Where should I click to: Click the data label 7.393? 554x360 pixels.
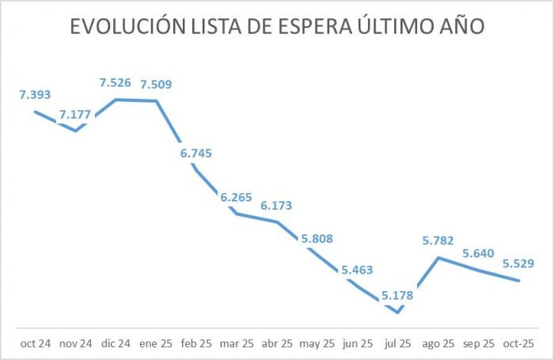click(36, 95)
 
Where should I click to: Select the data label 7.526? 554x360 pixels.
click(116, 83)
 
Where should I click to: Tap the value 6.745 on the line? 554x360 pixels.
click(196, 153)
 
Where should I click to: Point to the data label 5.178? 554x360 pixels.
click(397, 296)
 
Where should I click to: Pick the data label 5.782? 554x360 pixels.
click(438, 241)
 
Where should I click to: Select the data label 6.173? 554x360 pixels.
click(276, 206)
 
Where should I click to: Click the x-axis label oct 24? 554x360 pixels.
click(36, 343)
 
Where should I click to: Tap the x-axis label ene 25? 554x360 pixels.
click(156, 343)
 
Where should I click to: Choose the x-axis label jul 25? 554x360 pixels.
click(397, 343)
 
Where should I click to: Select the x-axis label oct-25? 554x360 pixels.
click(518, 343)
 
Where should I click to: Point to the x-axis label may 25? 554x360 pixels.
click(317, 343)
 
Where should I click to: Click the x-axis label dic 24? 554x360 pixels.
click(116, 343)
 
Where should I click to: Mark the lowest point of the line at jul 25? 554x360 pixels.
click(397, 312)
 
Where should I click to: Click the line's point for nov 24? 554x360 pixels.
click(76, 131)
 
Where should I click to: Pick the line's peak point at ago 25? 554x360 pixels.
click(438, 257)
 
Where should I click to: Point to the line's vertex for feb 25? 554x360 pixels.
click(196, 169)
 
